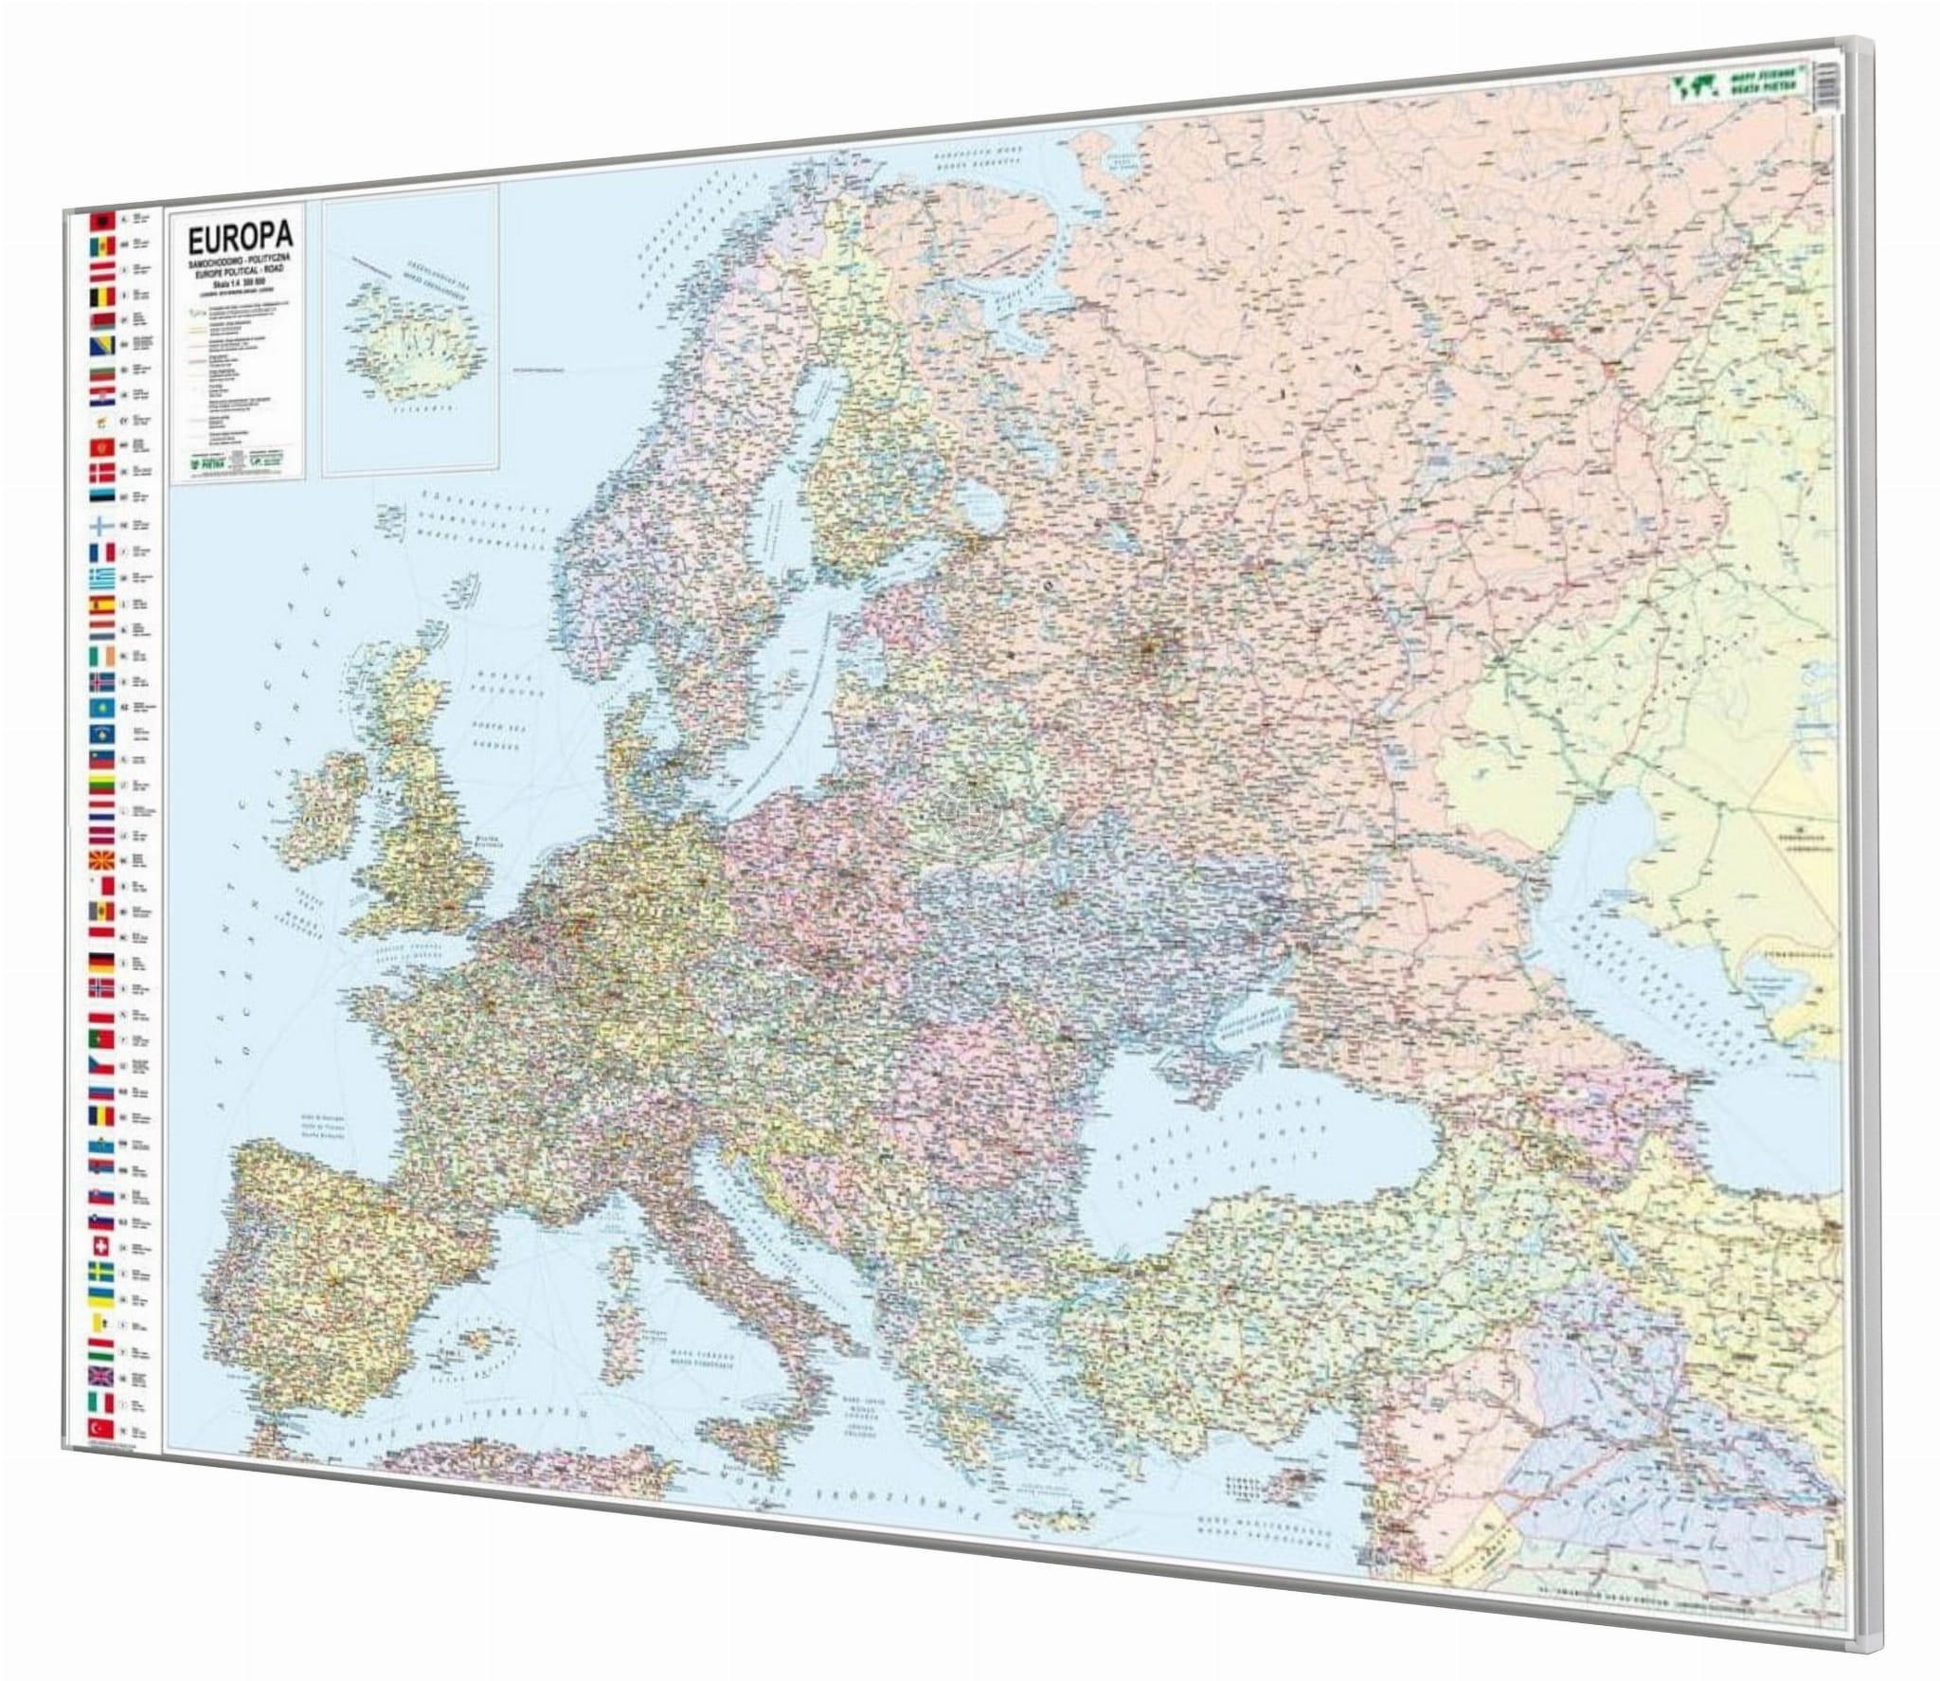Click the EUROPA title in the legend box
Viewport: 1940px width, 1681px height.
(x=241, y=263)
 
